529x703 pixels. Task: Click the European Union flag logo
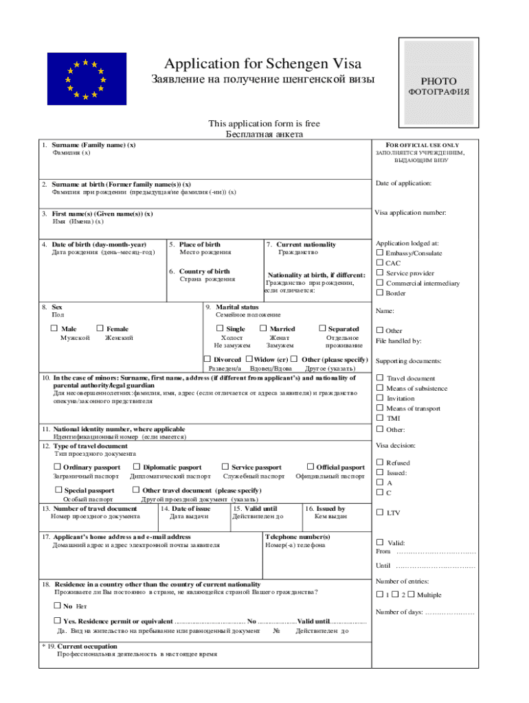click(87, 78)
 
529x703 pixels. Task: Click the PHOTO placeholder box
click(438, 77)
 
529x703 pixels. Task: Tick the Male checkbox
click(55, 329)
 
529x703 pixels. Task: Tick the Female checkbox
click(100, 329)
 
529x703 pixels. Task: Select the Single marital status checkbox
click(220, 329)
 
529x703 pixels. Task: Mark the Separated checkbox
click(322, 329)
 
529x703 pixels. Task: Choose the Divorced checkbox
click(207, 359)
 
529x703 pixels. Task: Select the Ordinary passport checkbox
click(57, 467)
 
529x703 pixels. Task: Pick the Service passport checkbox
click(225, 467)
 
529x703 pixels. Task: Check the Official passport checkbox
click(310, 467)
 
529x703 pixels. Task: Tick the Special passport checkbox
click(58, 489)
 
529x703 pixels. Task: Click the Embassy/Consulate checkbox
click(379, 253)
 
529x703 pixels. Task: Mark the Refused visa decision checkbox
click(379, 463)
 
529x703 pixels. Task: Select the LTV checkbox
click(379, 511)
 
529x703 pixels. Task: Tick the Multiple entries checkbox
click(411, 594)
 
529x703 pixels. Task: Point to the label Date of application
click(403, 183)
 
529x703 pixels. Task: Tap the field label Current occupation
click(87, 646)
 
